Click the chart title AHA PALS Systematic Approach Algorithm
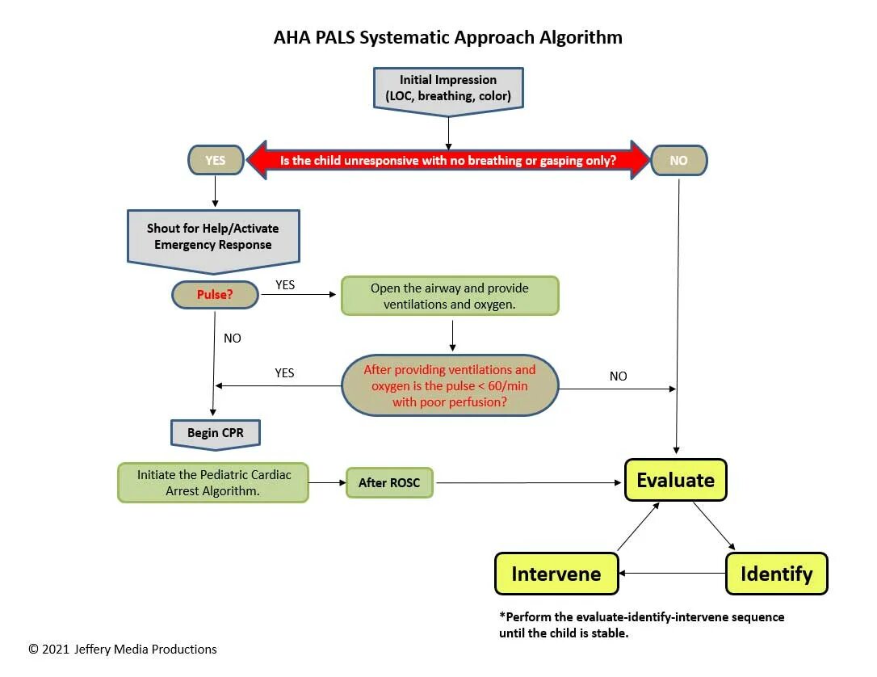click(x=448, y=37)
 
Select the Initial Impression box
click(x=448, y=88)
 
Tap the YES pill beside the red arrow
click(x=216, y=160)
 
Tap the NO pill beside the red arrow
click(x=678, y=160)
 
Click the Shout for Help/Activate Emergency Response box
click(x=213, y=236)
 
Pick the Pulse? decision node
click(x=215, y=295)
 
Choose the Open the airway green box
click(x=449, y=296)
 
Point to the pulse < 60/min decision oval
click(x=449, y=385)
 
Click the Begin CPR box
click(x=215, y=433)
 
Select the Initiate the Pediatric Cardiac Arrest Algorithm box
click(x=213, y=482)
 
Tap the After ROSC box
click(x=389, y=483)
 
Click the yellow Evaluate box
click(x=675, y=480)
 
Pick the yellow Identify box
click(x=776, y=574)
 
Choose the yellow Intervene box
click(x=556, y=574)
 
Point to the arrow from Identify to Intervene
click(x=672, y=574)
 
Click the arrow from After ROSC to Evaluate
click(x=529, y=483)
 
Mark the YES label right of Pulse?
click(x=285, y=284)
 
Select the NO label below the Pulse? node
click(x=233, y=338)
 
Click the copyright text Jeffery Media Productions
click(x=123, y=649)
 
